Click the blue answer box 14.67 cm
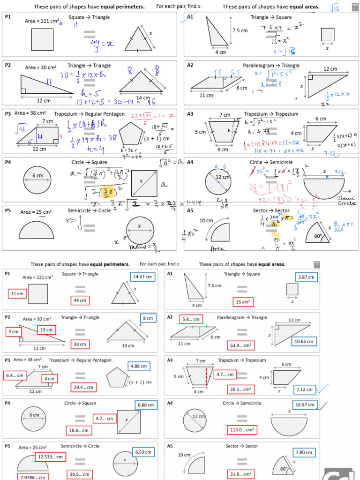click(x=142, y=277)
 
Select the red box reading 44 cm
click(x=79, y=300)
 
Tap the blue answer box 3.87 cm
click(x=306, y=277)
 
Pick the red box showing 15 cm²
click(x=242, y=302)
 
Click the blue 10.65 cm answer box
click(x=304, y=341)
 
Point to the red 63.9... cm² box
click(x=242, y=345)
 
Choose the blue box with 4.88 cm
click(x=140, y=366)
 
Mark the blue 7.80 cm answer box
click(x=304, y=453)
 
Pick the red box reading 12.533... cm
click(x=50, y=457)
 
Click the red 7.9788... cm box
click(x=33, y=477)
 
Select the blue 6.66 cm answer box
click(x=145, y=405)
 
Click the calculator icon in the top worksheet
click(x=355, y=7)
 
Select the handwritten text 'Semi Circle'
click(x=347, y=201)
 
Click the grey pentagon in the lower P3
click(x=117, y=377)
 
